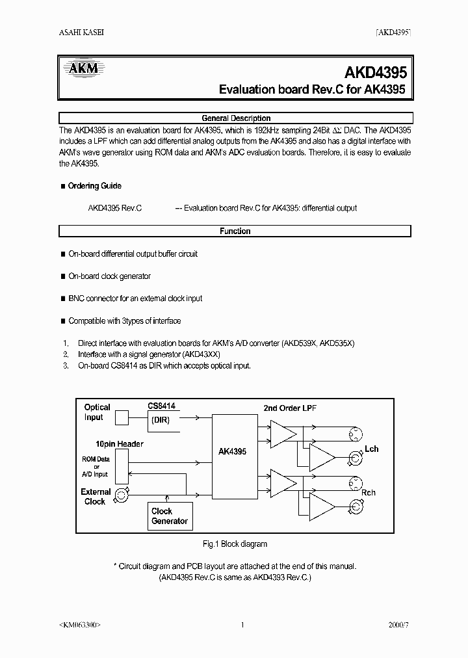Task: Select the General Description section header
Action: (235, 118)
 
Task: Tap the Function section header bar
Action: (235, 231)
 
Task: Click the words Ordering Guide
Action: (94, 186)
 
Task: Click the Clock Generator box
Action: (170, 516)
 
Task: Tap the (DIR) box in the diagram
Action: (161, 420)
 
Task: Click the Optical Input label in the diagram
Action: (97, 412)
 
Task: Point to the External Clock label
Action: (96, 497)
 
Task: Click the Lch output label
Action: (371, 449)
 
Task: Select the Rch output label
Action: (369, 492)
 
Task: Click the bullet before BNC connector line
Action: (62, 298)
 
